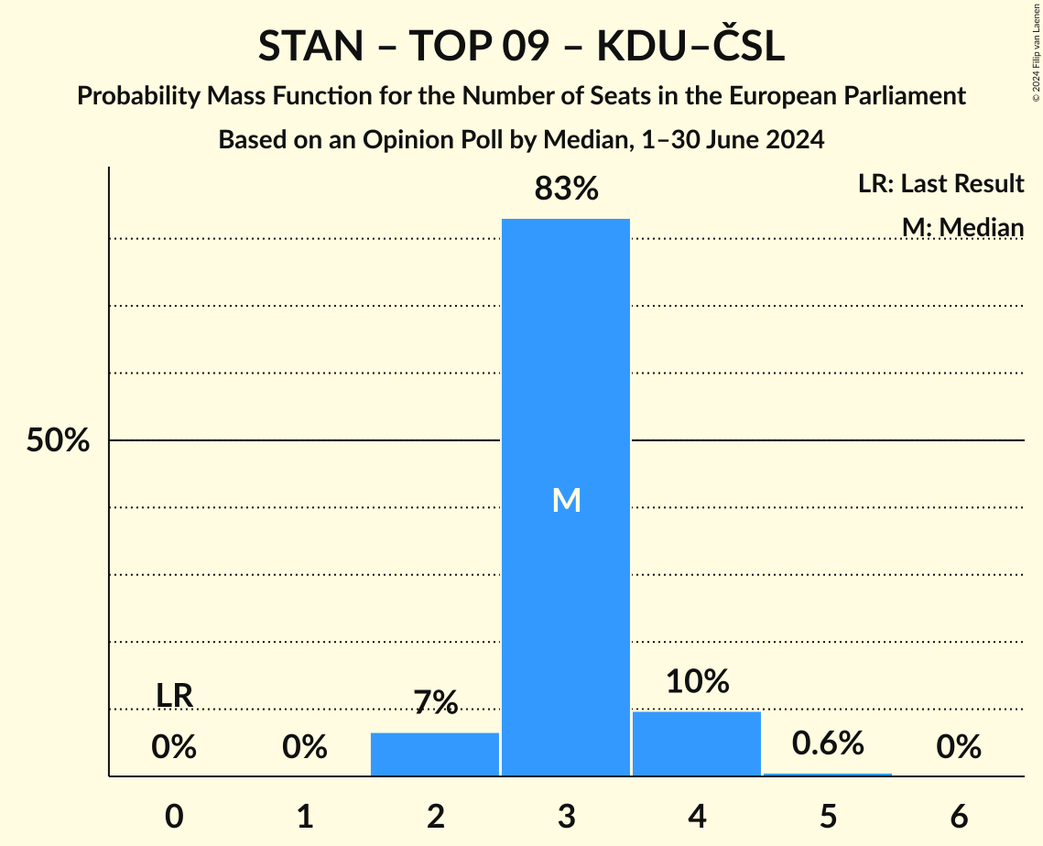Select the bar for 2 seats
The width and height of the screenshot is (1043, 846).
pyautogui.click(x=435, y=754)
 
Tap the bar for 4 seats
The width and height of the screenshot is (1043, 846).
pyautogui.click(x=697, y=743)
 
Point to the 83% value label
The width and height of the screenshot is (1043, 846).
pyautogui.click(x=566, y=190)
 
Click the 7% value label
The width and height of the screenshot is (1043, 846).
pyautogui.click(x=435, y=702)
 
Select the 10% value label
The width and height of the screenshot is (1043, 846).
pyautogui.click(x=697, y=681)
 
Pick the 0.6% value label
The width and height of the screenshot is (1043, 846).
pyautogui.click(x=828, y=743)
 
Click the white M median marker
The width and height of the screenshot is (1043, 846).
pyautogui.click(x=566, y=500)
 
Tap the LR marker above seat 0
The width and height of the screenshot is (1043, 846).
pyautogui.click(x=174, y=696)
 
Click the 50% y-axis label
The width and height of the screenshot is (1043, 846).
pyautogui.click(x=58, y=440)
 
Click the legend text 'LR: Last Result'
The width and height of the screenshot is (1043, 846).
pyautogui.click(x=940, y=184)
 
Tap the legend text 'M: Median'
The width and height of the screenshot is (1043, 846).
pyautogui.click(x=962, y=227)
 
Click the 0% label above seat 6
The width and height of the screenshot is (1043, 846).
pyautogui.click(x=959, y=747)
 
